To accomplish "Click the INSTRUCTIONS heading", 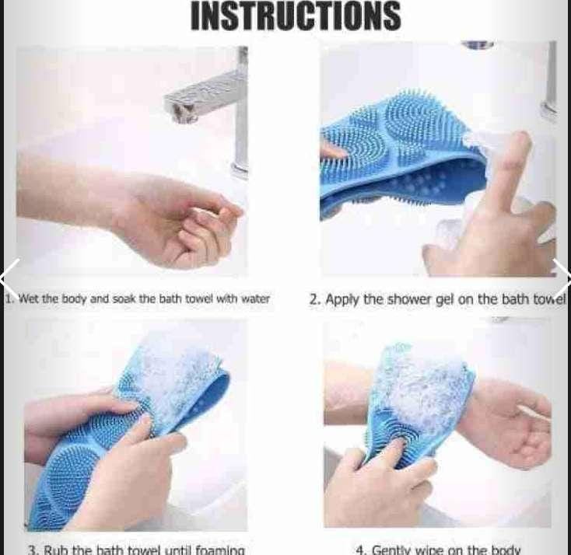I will pos(296,16).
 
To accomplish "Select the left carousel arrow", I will pos(9,276).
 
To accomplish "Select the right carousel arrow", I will pos(562,276).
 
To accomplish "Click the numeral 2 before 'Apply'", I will pos(313,298).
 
